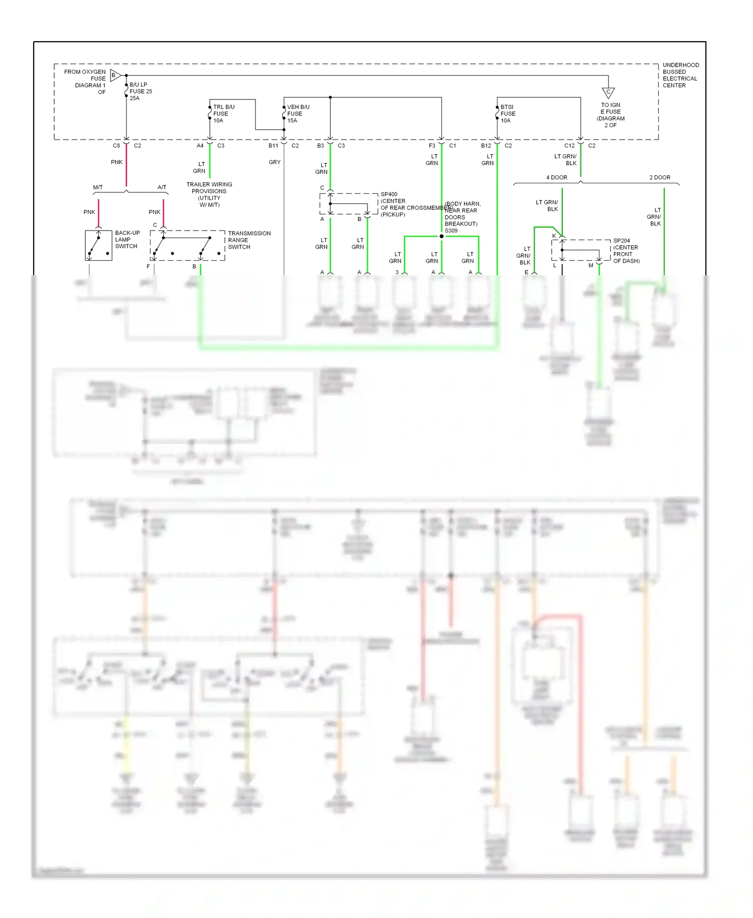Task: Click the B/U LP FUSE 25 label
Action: coord(140,91)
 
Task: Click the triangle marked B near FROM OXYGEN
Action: coord(115,75)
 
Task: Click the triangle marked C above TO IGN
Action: coord(608,92)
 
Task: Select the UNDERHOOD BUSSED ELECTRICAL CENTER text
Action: coord(680,75)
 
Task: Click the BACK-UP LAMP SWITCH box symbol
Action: coord(98,246)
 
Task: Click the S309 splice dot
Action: coord(441,236)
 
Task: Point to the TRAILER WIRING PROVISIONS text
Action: coord(209,194)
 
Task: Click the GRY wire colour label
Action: coord(274,162)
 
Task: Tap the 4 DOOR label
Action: coord(556,177)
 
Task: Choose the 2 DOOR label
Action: coord(660,177)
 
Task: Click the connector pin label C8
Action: coord(116,146)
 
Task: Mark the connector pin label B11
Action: coord(273,146)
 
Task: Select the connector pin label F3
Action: coord(432,146)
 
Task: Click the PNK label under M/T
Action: coord(89,212)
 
